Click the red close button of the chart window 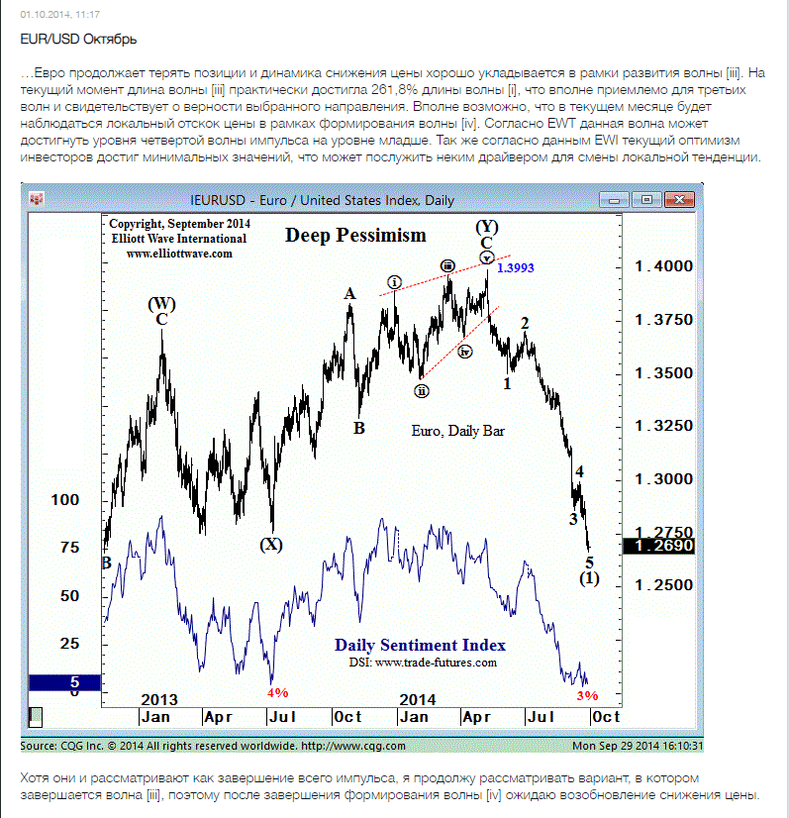click(679, 199)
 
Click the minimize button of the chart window click(615, 200)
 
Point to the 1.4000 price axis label click(664, 266)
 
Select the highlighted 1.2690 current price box click(659, 546)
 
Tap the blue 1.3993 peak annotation click(515, 267)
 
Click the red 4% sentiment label click(277, 692)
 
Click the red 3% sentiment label click(587, 695)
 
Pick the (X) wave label click(271, 544)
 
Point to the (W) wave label click(161, 304)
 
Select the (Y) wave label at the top click(486, 227)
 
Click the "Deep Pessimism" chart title click(355, 236)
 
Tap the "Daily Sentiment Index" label click(420, 645)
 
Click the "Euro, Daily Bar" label click(458, 431)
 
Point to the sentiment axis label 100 click(65, 500)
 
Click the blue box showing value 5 click(64, 682)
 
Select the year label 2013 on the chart click(159, 699)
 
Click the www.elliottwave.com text click(179, 254)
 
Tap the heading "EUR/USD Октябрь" click(78, 40)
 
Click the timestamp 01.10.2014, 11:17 click(60, 15)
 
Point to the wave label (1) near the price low click(589, 578)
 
